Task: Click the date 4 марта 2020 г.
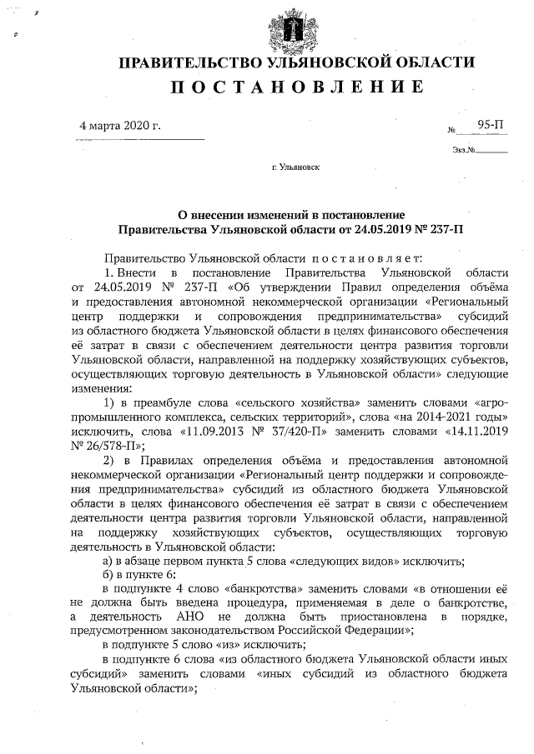tap(119, 126)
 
